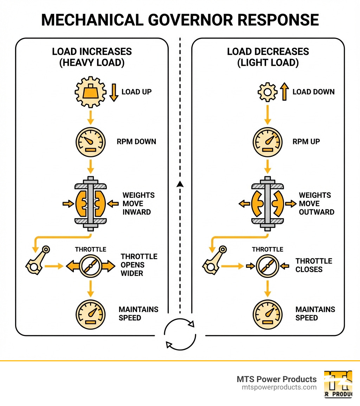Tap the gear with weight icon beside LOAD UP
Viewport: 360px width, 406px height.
(x=90, y=92)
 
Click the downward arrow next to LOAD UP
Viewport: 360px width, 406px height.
(x=113, y=92)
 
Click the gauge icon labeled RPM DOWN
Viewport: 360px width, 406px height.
(x=90, y=142)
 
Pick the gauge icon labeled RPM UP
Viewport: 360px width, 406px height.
(x=268, y=142)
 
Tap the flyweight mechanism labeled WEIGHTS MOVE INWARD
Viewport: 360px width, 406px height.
(x=90, y=203)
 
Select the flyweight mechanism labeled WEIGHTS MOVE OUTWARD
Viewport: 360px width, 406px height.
(x=268, y=203)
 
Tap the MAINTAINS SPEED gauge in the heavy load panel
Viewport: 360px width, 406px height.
(x=90, y=314)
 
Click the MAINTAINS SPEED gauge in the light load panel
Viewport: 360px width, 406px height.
(x=268, y=314)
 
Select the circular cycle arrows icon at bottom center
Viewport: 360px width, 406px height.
(x=180, y=334)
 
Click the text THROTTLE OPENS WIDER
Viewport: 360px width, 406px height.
(x=139, y=265)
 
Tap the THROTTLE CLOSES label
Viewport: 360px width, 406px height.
(x=314, y=265)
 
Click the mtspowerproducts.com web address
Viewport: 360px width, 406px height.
(x=279, y=387)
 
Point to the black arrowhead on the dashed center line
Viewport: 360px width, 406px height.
(x=180, y=183)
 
